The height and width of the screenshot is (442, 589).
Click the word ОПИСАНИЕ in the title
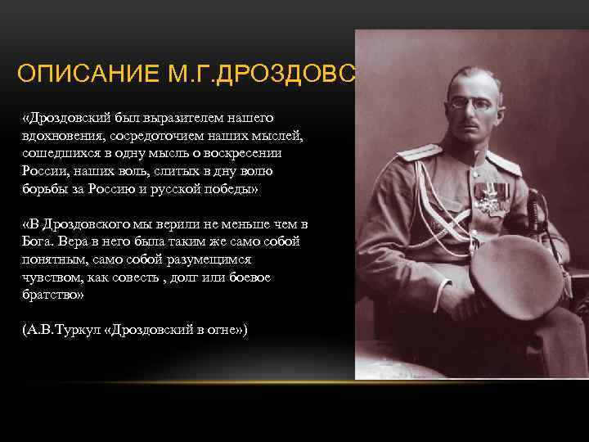click(x=77, y=75)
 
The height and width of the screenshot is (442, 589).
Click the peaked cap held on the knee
click(x=515, y=274)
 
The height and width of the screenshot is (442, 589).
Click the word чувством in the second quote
click(x=52, y=277)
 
